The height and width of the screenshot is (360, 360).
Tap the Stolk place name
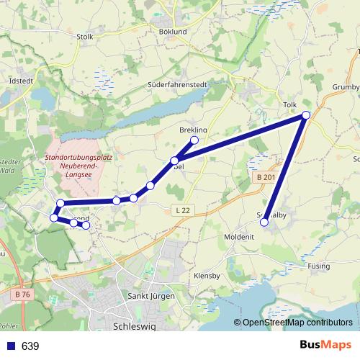85,37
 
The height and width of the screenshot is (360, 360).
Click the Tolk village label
290,105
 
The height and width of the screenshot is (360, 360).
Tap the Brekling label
193,130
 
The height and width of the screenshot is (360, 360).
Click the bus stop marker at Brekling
194,140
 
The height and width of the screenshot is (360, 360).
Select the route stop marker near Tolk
306,115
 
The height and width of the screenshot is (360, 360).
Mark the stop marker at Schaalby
264,222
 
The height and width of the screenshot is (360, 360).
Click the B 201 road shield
266,178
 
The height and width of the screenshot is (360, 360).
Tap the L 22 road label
183,210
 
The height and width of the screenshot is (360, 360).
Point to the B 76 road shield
21,294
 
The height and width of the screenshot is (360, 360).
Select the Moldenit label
238,237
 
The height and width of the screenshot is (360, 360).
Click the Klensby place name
207,276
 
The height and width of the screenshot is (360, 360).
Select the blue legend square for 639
9,346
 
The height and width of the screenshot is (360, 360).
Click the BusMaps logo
325,346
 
